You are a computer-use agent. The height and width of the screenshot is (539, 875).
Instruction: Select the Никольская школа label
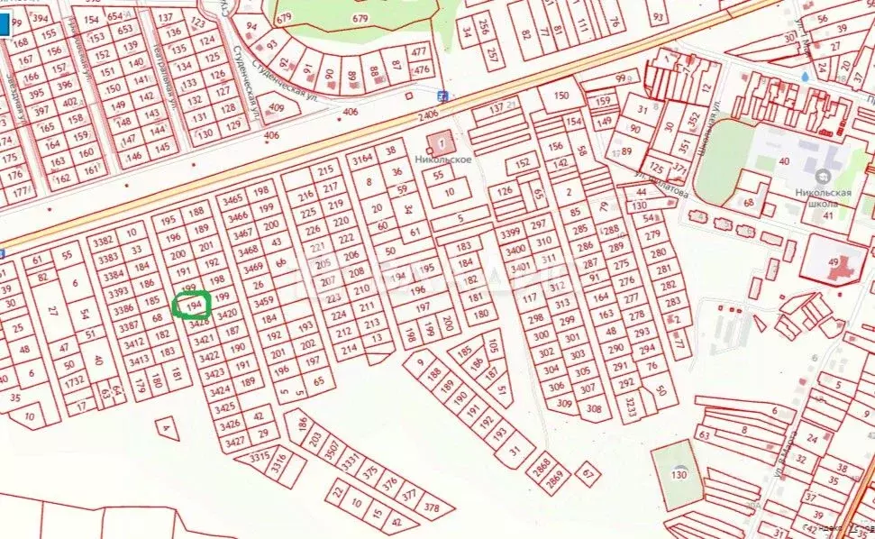(x=824, y=197)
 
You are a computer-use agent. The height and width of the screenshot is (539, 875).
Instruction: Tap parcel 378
(x=432, y=508)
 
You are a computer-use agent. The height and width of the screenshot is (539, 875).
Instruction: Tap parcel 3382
(x=103, y=242)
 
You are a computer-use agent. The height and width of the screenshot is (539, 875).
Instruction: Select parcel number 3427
(x=234, y=442)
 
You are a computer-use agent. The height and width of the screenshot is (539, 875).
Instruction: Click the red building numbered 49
(x=834, y=261)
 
